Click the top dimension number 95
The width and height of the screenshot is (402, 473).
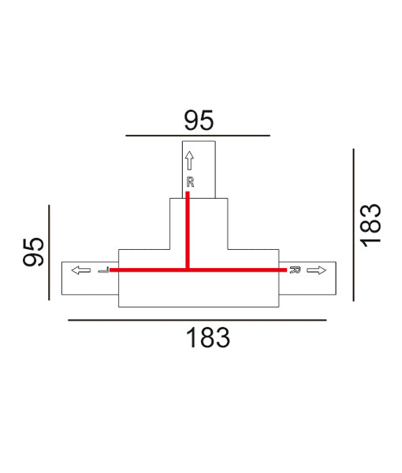click(x=199, y=120)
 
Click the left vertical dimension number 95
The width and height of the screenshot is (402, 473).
click(x=33, y=251)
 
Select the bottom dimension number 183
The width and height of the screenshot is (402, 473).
click(x=208, y=338)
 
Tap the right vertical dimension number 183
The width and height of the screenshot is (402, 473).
click(x=370, y=225)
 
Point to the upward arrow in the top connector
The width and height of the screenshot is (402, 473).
click(x=189, y=161)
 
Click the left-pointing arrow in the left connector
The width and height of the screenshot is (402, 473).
click(x=80, y=270)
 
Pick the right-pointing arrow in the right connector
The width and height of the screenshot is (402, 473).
click(x=316, y=270)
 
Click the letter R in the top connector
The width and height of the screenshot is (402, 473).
click(x=189, y=182)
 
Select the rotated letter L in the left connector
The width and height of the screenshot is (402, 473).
click(x=102, y=270)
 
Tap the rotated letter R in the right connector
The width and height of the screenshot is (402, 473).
click(x=294, y=270)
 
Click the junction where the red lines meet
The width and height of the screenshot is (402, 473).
click(x=188, y=270)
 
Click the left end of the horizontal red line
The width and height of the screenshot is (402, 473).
click(x=111, y=270)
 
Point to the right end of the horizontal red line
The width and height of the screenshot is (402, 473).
click(x=285, y=270)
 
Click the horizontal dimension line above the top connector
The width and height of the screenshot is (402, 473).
click(x=199, y=136)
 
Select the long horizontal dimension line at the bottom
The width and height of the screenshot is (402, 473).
click(x=197, y=320)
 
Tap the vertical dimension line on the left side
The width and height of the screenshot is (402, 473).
click(x=49, y=251)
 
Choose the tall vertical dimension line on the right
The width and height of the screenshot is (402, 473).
click(x=354, y=224)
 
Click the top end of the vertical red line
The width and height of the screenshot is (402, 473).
click(x=188, y=194)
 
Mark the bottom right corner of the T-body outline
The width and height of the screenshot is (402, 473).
click(x=278, y=306)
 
